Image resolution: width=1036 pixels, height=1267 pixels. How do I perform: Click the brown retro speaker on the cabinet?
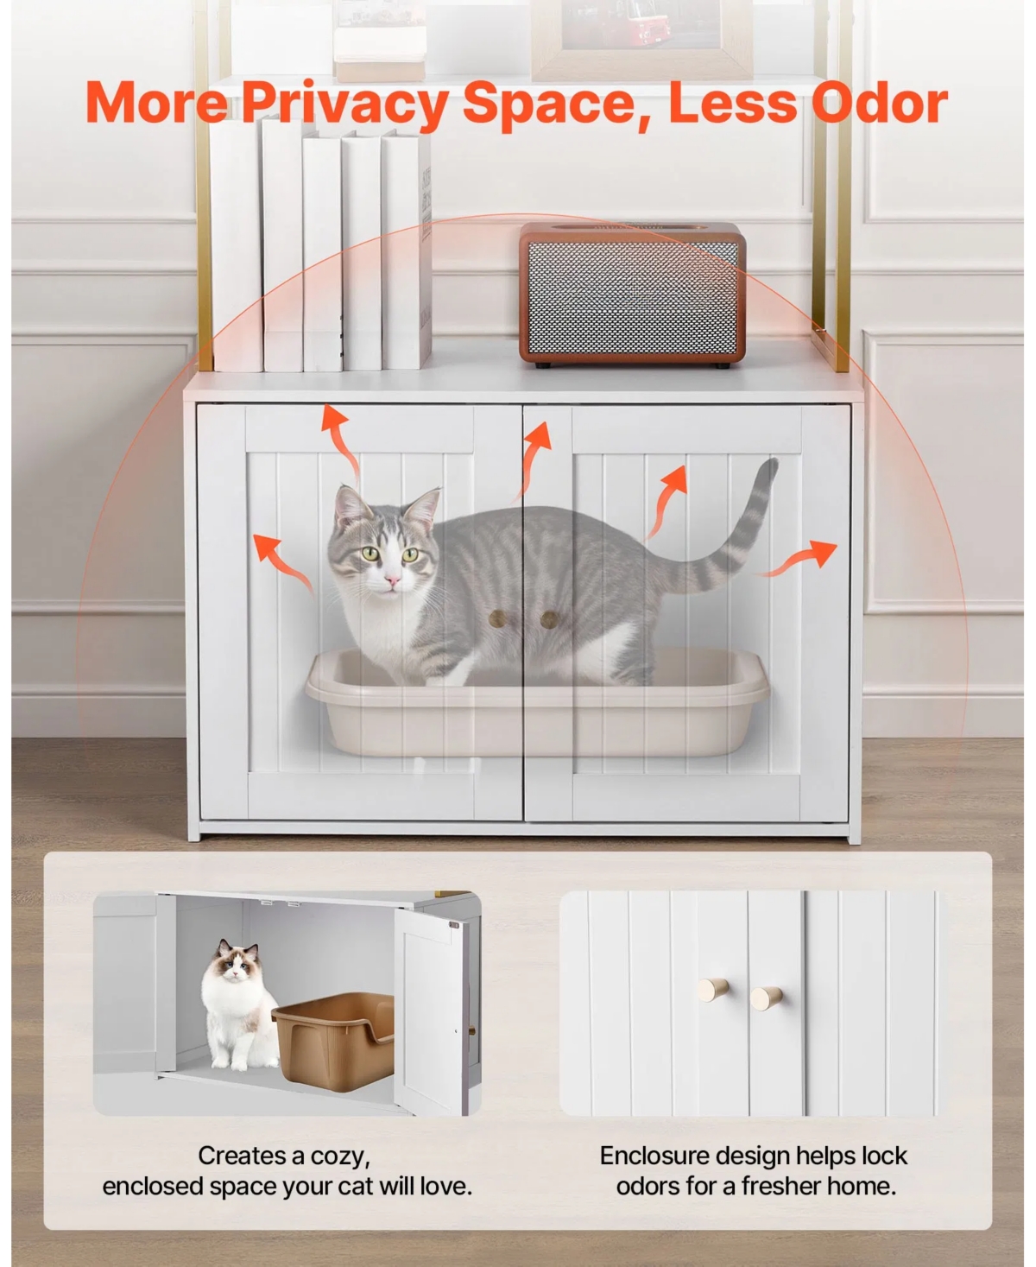pyautogui.click(x=632, y=294)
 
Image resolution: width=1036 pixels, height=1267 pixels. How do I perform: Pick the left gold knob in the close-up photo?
pyautogui.click(x=714, y=990)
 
